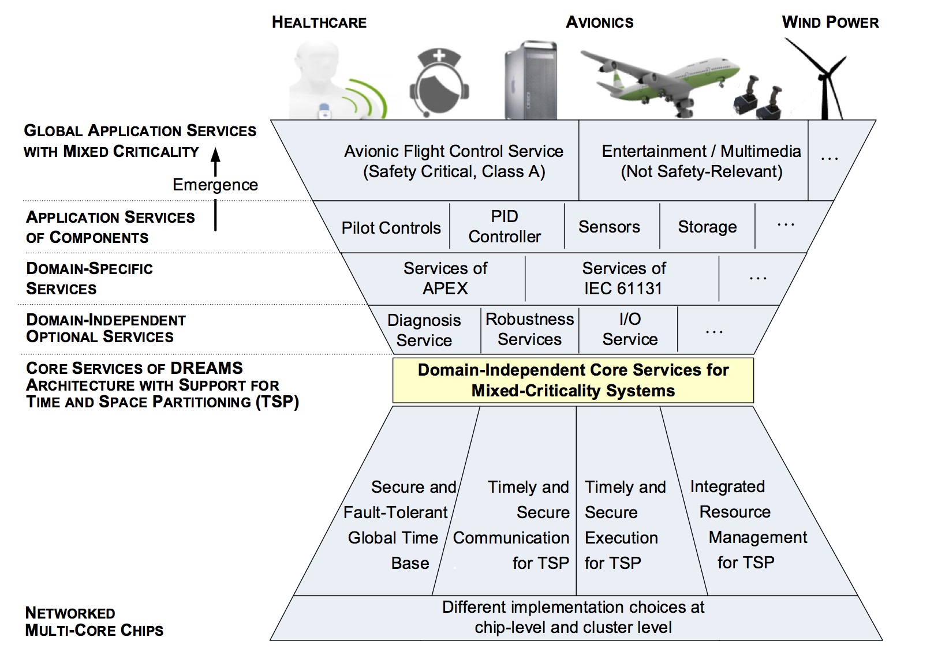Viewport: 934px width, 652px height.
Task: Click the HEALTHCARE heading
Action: (319, 23)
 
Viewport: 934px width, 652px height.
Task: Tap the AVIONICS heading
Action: (599, 23)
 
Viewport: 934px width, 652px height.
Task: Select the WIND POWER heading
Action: (830, 23)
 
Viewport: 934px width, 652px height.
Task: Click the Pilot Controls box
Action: (391, 227)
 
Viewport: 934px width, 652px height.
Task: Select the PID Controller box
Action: (505, 226)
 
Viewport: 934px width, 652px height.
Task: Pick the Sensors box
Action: (609, 227)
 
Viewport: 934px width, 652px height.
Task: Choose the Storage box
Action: (707, 227)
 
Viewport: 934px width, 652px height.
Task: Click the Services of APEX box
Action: (445, 278)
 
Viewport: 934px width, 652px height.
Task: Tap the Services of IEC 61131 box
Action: (623, 278)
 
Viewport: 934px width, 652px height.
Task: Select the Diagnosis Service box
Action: (424, 330)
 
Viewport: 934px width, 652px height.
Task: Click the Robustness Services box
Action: (529, 329)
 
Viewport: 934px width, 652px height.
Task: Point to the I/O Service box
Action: (630, 329)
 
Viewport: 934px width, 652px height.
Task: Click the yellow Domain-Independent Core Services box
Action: (573, 380)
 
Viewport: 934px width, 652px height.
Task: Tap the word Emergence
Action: (215, 185)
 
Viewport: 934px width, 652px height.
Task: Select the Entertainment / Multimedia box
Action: (701, 161)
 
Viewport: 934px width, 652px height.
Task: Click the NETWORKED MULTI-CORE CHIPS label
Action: (94, 621)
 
